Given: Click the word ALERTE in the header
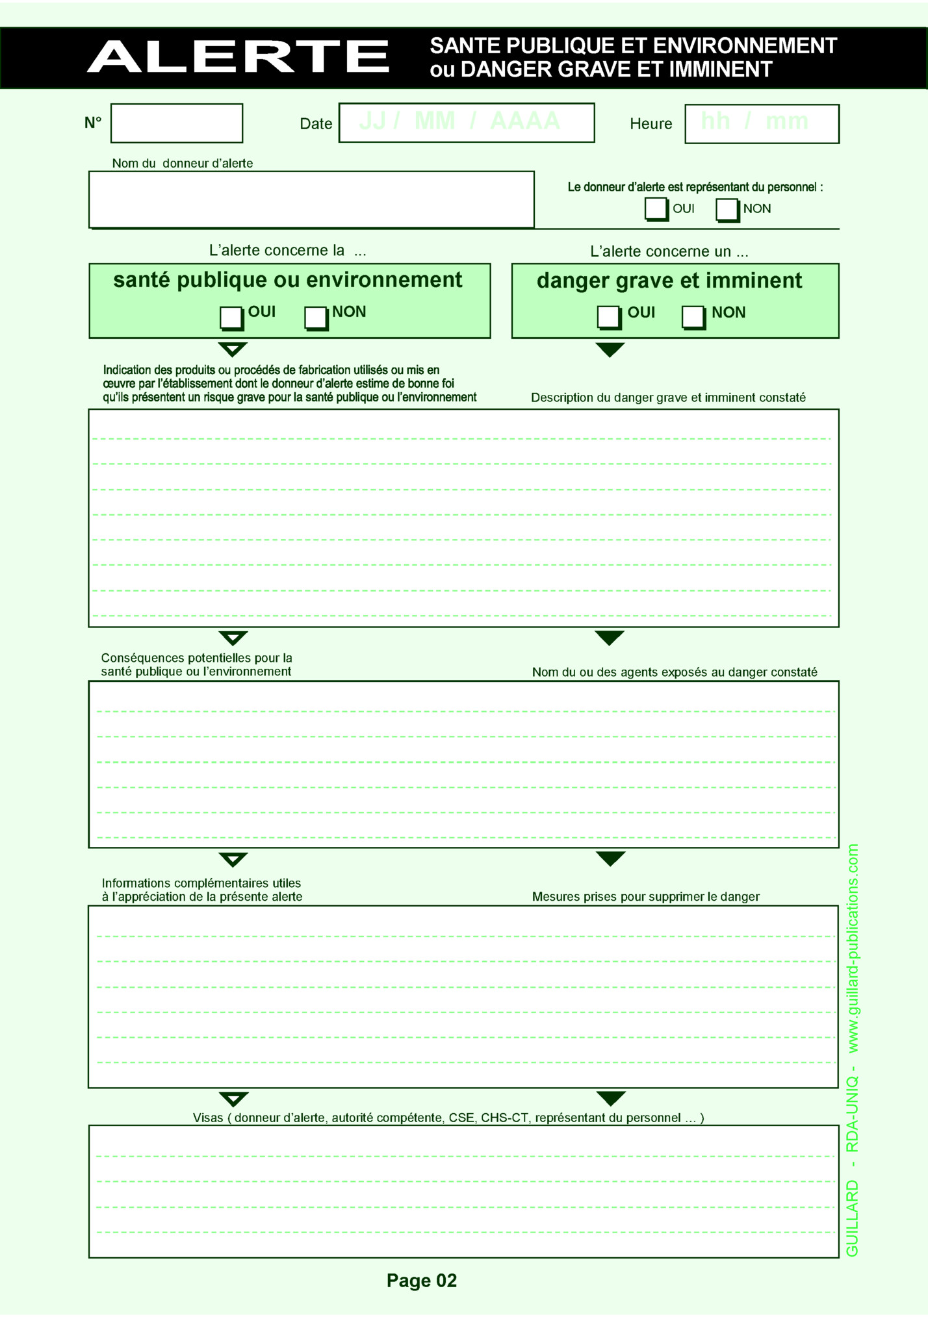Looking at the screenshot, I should point(238,56).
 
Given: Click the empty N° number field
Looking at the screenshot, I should point(176,123).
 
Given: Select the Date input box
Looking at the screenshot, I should point(466,123).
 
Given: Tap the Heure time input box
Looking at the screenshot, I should point(762,124).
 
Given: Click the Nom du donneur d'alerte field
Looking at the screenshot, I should point(311,199).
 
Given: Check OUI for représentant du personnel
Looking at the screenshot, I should point(656,209).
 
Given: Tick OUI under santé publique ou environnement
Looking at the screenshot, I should point(231,318).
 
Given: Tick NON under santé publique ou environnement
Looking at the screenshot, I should point(315,318).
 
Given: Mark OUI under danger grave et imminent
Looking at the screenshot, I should point(608,317).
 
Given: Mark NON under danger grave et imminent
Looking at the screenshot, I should point(693,317).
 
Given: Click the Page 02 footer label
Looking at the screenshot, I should point(421,1280).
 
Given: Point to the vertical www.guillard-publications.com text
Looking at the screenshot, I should point(853,948).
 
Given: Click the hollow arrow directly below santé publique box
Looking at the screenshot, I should point(233,349).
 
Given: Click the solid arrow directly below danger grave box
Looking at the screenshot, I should point(610,349).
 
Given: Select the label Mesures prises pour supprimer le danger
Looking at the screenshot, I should point(645,897).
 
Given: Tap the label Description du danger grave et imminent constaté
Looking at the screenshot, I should point(668,397).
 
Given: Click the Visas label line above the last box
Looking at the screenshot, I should point(448,1118).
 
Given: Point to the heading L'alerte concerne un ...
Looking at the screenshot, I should point(669,251).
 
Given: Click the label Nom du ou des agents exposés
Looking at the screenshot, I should point(675,672).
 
